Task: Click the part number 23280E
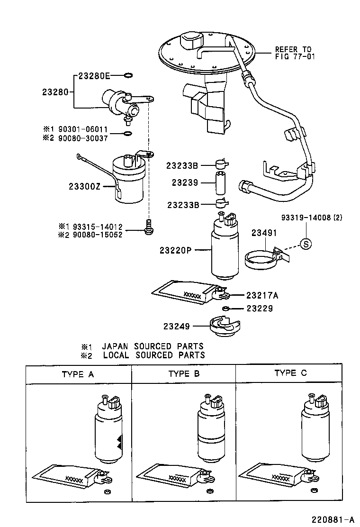tap(94, 75)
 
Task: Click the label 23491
tap(264, 233)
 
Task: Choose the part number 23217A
tap(262, 295)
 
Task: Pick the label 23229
tap(260, 309)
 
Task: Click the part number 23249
tap(177, 326)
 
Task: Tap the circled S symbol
tap(306, 244)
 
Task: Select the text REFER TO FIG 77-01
tap(294, 53)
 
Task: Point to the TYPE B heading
tap(184, 374)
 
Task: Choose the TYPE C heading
tap(290, 373)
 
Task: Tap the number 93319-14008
tap(305, 218)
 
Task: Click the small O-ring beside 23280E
tap(128, 75)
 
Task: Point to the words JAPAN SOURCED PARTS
tap(153, 346)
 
